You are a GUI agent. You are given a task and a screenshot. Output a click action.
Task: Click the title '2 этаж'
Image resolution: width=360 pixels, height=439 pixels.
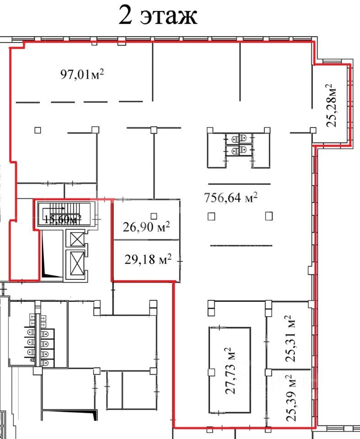coord(158,15)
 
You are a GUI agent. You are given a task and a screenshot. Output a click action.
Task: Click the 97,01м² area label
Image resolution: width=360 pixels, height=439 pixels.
coord(82,75)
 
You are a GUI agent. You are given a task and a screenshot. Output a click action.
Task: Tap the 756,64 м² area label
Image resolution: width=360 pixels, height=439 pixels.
coord(231,198)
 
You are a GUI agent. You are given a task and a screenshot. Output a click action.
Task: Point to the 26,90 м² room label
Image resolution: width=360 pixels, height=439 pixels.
coord(146,226)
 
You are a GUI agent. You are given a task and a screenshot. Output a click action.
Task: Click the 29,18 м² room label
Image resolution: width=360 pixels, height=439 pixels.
coord(148,259)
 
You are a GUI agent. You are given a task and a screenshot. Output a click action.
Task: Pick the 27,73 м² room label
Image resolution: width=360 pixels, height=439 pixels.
coord(231,371)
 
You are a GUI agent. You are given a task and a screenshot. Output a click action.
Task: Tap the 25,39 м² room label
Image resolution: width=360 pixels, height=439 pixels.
coord(291,398)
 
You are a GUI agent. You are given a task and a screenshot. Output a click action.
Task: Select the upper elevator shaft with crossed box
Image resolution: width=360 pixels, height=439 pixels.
coord(77,239)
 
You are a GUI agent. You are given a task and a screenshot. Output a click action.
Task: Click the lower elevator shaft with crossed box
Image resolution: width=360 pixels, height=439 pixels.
coord(77,263)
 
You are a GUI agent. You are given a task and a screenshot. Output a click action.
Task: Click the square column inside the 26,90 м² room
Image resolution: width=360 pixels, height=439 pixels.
coord(154,216)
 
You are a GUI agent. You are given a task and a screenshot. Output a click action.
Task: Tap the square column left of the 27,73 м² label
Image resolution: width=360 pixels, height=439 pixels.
coord(211,372)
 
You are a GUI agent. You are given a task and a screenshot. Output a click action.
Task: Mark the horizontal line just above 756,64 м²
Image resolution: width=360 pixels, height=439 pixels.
coord(239,184)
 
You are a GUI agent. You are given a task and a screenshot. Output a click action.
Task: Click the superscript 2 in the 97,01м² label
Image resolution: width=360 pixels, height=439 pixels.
coord(102,72)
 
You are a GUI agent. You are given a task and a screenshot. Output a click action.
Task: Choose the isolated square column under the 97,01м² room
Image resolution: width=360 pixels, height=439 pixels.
coord(38,130)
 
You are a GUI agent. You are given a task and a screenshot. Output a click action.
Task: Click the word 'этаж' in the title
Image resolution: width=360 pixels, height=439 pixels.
coord(169,16)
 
